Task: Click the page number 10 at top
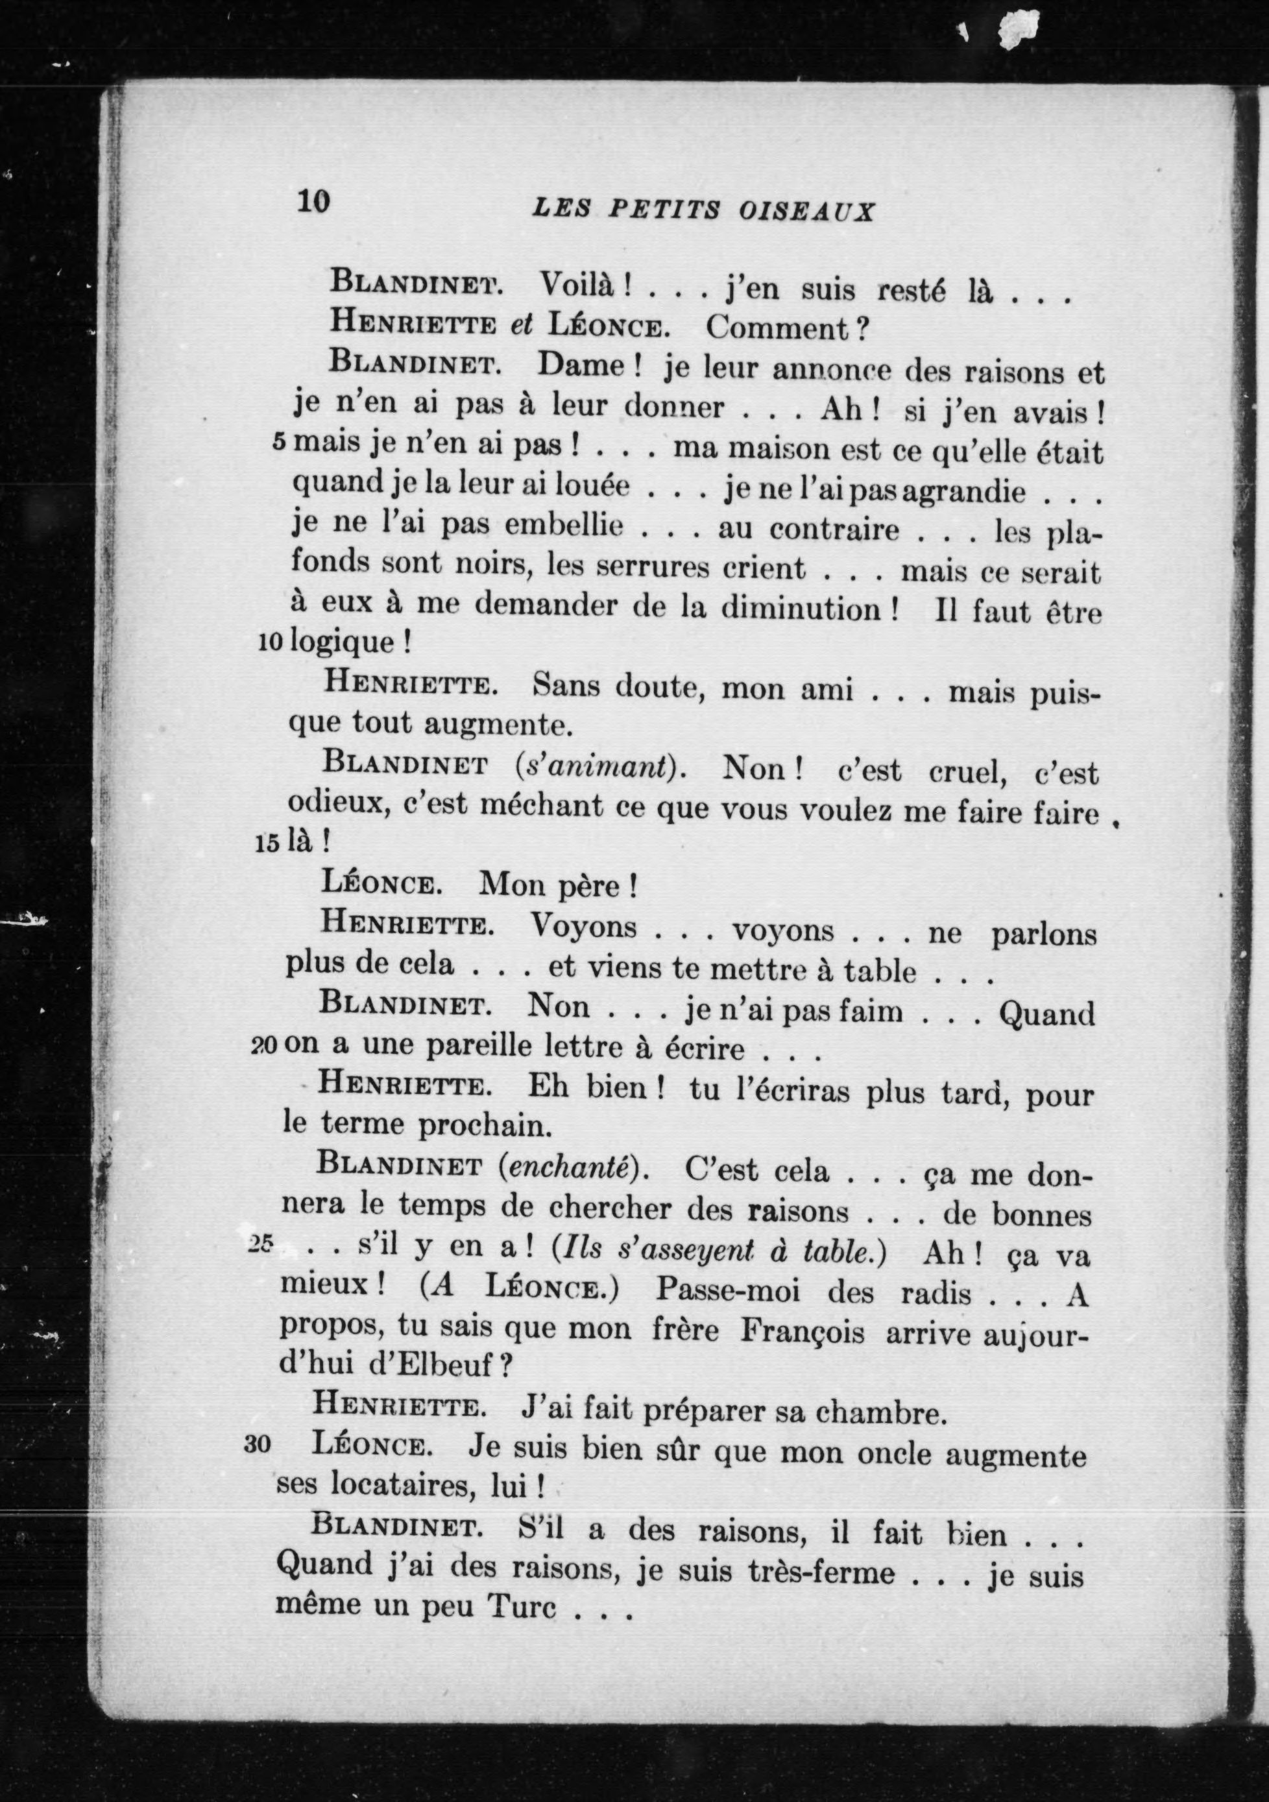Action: point(313,202)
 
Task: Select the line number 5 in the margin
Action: point(280,443)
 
